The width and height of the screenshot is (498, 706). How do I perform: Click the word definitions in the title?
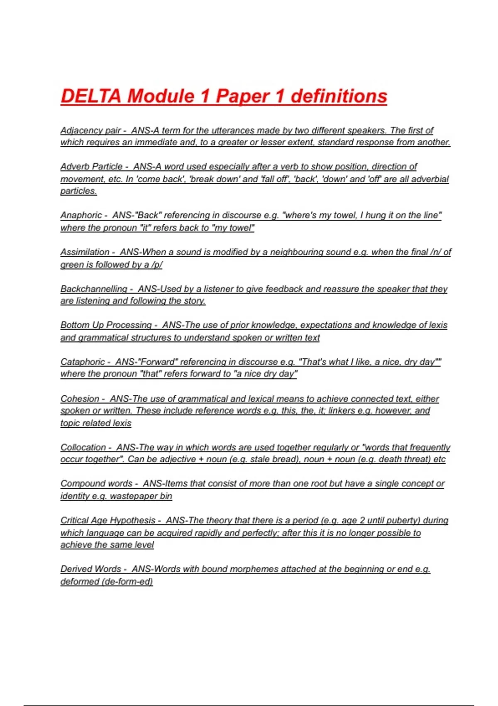pyautogui.click(x=339, y=96)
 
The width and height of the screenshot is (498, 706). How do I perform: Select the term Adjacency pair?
pyautogui.click(x=90, y=130)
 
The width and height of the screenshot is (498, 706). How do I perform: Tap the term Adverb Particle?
pyautogui.click(x=91, y=167)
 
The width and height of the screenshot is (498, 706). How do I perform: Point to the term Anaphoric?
pyautogui.click(x=81, y=215)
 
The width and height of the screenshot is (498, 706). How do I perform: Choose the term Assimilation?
pyautogui.click(x=85, y=252)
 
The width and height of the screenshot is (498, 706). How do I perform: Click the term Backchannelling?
pyautogui.click(x=94, y=289)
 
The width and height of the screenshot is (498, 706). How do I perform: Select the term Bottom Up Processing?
pyautogui.click(x=106, y=325)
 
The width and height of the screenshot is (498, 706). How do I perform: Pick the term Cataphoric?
pyautogui.click(x=83, y=362)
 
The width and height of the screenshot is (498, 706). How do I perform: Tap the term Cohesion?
pyautogui.click(x=80, y=399)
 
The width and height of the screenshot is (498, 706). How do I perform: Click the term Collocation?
pyautogui.click(x=83, y=447)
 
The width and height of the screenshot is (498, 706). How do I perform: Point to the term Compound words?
pyautogui.click(x=96, y=483)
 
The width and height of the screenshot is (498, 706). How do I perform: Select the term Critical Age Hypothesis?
pyautogui.click(x=108, y=520)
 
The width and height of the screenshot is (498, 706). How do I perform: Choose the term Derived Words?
pyautogui.click(x=90, y=569)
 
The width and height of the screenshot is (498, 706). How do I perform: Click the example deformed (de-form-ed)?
pyautogui.click(x=107, y=581)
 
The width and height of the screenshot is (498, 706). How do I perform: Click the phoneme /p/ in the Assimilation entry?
pyautogui.click(x=157, y=265)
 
